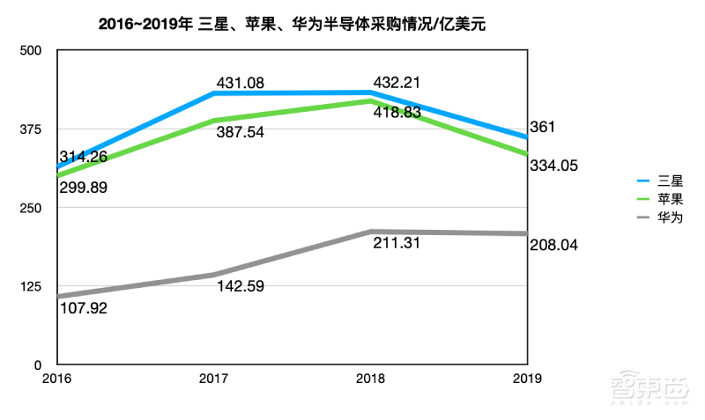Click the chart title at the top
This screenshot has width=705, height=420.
click(293, 26)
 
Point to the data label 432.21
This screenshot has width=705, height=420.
click(398, 84)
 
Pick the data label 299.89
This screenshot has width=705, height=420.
click(84, 187)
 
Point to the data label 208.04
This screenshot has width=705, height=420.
click(554, 245)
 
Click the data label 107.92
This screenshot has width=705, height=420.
click(84, 308)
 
